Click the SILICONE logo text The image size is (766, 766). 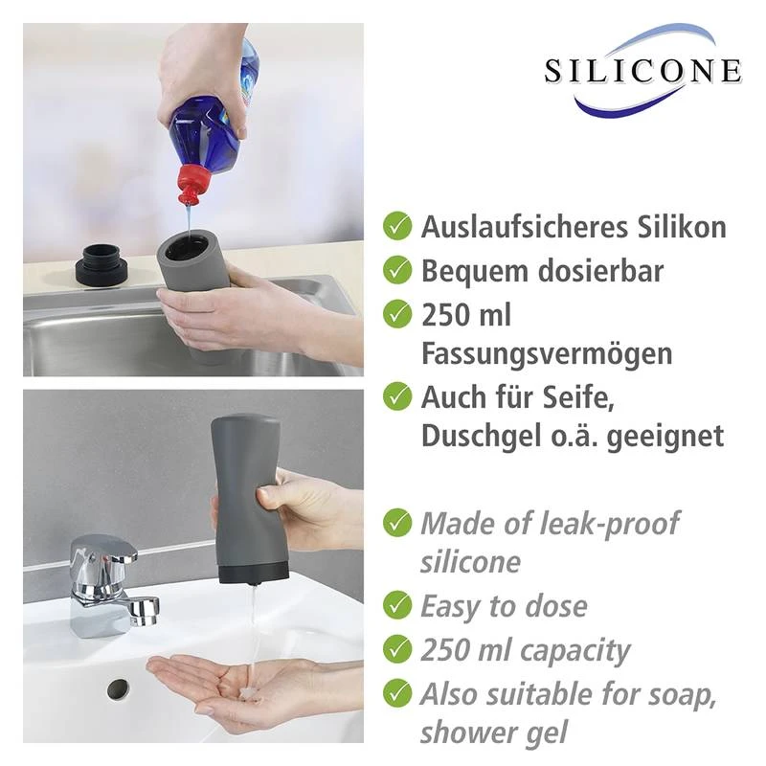pos(642,71)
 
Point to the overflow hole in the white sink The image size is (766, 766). pos(119,687)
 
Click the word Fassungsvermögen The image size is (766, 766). pos(547,353)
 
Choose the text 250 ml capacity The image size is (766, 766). pos(525,650)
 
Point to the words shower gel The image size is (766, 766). pos(493,732)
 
